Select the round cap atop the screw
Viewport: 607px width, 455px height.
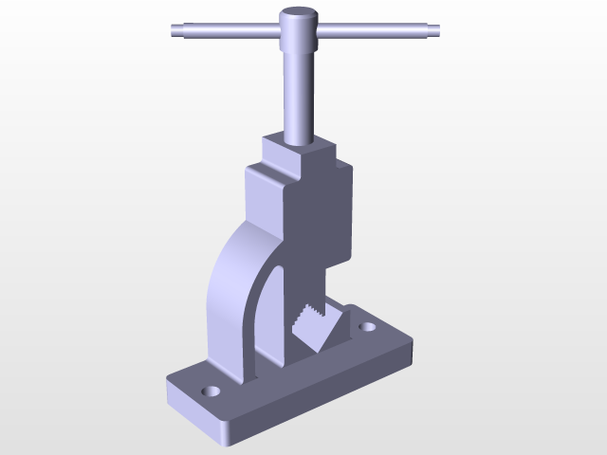[298, 15]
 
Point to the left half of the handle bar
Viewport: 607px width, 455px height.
[228, 31]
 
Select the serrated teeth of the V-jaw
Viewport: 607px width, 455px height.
[309, 318]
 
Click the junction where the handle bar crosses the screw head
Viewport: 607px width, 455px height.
[299, 31]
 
